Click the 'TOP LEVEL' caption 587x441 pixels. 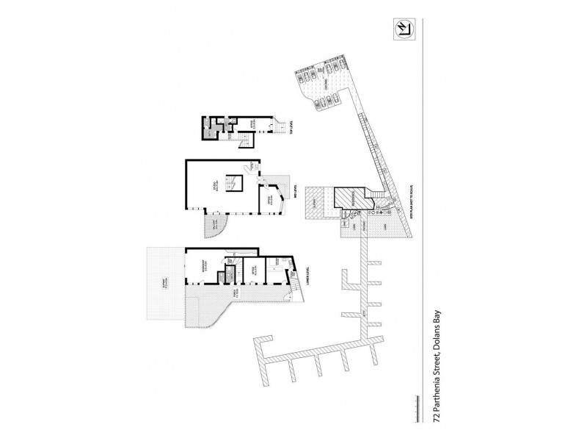pos(292,130)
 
